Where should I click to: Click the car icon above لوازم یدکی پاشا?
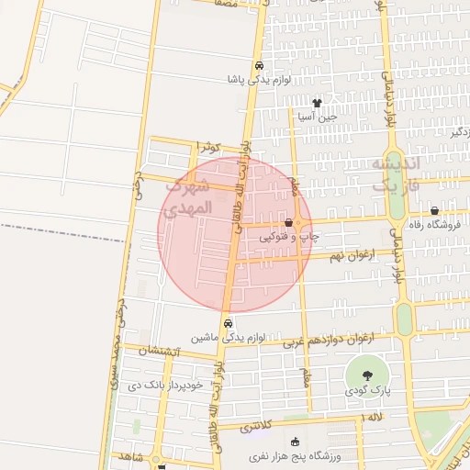pyautogui.click(x=260, y=66)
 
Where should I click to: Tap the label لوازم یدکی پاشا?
pyautogui.click(x=260, y=80)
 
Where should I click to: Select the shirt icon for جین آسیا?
pyautogui.click(x=318, y=103)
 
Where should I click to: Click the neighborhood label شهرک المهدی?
pyautogui.click(x=188, y=196)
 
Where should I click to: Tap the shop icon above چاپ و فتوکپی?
pyautogui.click(x=289, y=222)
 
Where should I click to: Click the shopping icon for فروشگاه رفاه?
pyautogui.click(x=434, y=210)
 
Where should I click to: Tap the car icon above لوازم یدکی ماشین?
pyautogui.click(x=228, y=323)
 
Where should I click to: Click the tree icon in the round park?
pyautogui.click(x=367, y=375)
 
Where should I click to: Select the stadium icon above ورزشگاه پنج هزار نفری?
pyautogui.click(x=294, y=442)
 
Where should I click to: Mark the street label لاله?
pyautogui.click(x=375, y=417)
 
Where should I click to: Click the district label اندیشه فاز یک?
pyautogui.click(x=395, y=173)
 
